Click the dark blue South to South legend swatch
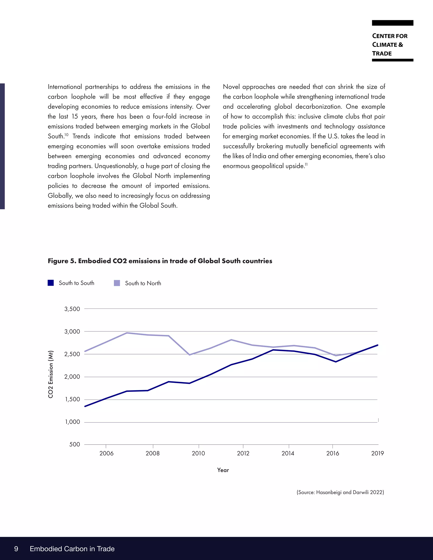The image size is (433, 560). [x=51, y=283]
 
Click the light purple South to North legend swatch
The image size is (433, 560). [x=117, y=283]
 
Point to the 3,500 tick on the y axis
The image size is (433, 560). [x=72, y=309]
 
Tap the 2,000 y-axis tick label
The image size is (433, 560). [x=72, y=377]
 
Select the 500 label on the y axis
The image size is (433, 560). [x=75, y=444]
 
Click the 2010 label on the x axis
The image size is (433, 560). [x=198, y=453]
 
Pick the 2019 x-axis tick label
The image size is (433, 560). [x=377, y=453]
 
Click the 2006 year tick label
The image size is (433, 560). [x=107, y=453]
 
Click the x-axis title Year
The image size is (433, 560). [x=223, y=470]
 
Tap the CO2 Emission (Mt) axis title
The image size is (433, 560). [x=51, y=374]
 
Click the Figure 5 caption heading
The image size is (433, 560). [x=160, y=261]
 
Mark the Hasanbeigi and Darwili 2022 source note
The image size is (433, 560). [x=340, y=492]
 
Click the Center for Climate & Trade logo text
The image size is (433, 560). [x=389, y=45]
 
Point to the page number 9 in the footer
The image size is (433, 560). [x=16, y=549]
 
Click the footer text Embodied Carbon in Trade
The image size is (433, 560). [x=72, y=549]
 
